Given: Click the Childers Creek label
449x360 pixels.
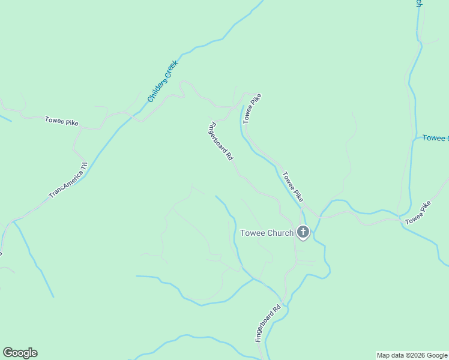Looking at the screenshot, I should [163, 81].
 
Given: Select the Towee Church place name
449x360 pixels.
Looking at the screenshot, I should [267, 233].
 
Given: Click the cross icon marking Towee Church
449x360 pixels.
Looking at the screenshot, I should [303, 232].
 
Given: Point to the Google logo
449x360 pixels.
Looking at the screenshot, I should [20, 353].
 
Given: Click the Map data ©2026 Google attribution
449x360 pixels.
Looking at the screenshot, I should [412, 355].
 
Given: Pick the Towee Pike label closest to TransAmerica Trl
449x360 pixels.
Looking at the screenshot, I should [62, 121].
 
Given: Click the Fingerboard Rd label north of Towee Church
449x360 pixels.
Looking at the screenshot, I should [220, 142].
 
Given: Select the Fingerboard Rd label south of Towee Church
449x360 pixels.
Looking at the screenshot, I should [268, 325].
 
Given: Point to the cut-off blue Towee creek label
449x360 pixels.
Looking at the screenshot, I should [435, 138].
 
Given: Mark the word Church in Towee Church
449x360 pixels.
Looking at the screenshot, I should [280, 233].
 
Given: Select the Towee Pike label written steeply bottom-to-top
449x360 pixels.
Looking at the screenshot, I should [252, 108].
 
